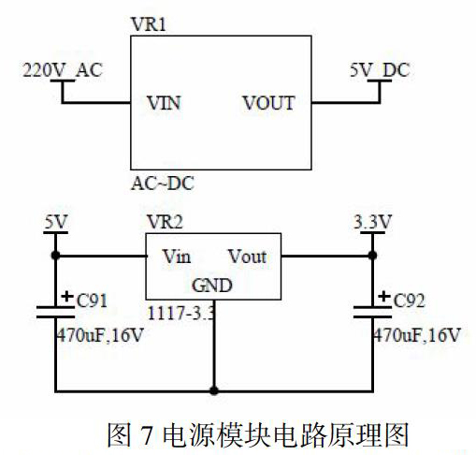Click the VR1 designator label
pos(149,24)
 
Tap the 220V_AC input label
pos(63,70)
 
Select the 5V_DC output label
pos(380,70)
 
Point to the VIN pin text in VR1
pos(164,103)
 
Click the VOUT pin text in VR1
pos(268,103)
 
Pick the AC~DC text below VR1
pos(163,183)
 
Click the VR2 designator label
pos(165,222)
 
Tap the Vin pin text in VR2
pos(177,257)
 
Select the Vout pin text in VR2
pos(248,257)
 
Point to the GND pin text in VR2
pos(212,286)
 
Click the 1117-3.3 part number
pos(181,313)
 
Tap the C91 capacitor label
pos(92,301)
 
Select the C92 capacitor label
pos(409,301)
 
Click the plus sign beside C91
pos(67,296)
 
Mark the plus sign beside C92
pos(384,296)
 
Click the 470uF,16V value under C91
pos(100,335)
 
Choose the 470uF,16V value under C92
pos(417,335)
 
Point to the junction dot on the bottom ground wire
pos(214,390)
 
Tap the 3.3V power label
pos(372,222)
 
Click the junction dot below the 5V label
pos(55,256)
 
